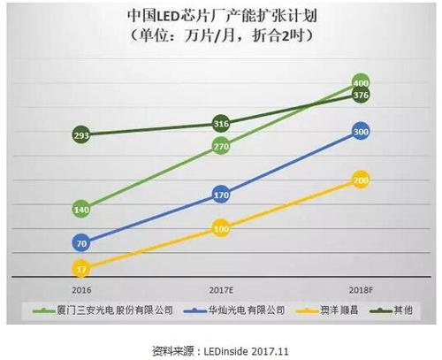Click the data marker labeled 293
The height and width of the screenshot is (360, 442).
81,135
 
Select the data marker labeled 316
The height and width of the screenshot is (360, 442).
221,123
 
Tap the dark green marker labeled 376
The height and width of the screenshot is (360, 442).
361,96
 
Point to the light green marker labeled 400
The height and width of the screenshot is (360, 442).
361,81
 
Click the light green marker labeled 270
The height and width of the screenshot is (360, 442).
221,146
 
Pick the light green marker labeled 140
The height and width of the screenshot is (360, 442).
81,210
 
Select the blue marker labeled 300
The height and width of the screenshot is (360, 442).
361,132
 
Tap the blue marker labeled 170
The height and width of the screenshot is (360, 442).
221,195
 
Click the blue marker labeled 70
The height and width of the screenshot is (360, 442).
81,242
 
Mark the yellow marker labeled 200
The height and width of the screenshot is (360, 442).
361,180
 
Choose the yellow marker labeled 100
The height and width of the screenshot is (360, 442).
221,229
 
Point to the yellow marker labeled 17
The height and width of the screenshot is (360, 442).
81,269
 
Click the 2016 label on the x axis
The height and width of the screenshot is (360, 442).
81,289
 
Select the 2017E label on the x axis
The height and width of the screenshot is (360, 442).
221,289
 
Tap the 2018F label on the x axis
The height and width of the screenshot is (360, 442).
361,289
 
